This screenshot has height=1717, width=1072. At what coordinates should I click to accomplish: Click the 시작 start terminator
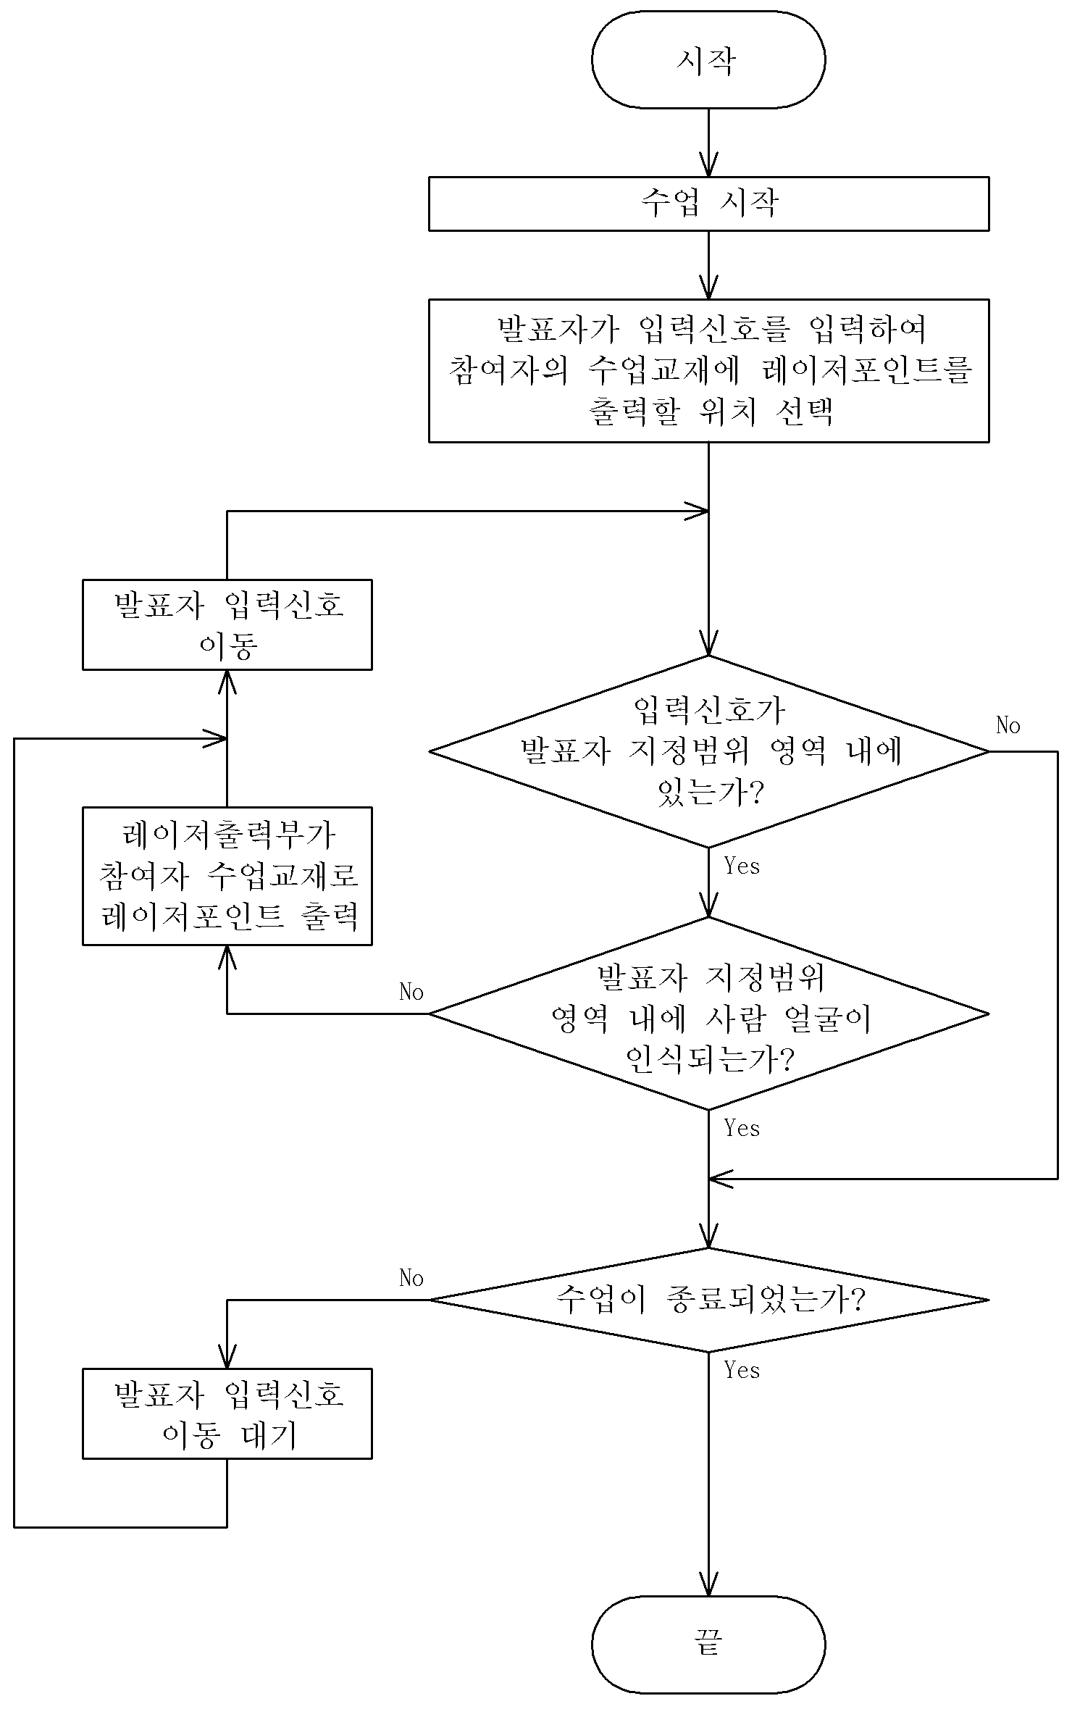[708, 59]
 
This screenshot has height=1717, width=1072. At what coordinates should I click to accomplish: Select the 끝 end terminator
[708, 1645]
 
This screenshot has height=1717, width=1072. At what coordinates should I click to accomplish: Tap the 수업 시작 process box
[708, 204]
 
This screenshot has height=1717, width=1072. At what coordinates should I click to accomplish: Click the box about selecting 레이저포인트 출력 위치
[708, 370]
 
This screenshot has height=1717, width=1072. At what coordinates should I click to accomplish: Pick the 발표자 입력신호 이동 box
[227, 624]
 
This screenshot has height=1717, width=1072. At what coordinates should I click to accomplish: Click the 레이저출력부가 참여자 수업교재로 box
[227, 876]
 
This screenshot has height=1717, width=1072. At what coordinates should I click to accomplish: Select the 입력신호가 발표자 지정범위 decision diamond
[708, 751]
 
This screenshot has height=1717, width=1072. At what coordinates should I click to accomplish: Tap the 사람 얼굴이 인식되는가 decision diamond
[708, 1014]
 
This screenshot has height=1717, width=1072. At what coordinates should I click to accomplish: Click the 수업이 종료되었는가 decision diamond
[708, 1300]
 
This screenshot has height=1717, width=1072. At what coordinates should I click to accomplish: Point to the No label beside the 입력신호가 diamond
[1008, 725]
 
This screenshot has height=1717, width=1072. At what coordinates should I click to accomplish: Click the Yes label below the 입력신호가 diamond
[742, 866]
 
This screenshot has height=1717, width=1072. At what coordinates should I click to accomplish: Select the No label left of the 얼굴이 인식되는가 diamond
[411, 992]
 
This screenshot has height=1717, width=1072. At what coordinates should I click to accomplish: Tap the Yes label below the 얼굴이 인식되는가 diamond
[742, 1128]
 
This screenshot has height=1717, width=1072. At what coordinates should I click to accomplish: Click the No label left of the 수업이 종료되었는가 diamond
[411, 1278]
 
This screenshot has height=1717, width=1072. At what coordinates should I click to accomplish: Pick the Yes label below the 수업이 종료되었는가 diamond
[742, 1370]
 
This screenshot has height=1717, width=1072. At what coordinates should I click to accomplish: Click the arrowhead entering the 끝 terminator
[708, 1584]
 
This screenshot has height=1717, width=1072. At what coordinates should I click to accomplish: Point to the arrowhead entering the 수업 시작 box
[708, 165]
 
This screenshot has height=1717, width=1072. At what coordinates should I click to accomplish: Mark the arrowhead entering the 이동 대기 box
[227, 1356]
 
